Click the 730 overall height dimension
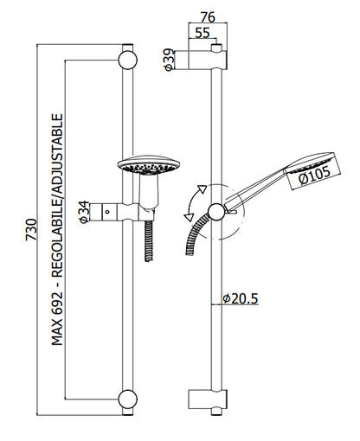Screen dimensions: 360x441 pyautogui.click(x=32, y=229)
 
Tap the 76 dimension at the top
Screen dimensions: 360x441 pyautogui.click(x=208, y=17)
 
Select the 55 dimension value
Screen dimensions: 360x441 pyautogui.click(x=202, y=33)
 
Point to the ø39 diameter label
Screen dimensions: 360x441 pyautogui.click(x=169, y=60)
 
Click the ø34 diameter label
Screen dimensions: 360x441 pyautogui.click(x=84, y=212)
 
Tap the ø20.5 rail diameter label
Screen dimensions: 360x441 pyautogui.click(x=241, y=298)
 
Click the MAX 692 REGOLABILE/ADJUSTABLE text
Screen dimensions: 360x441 pyautogui.click(x=57, y=229)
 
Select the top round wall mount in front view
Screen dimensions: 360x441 pyautogui.click(x=128, y=61)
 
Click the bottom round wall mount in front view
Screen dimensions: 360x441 pyautogui.click(x=128, y=399)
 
